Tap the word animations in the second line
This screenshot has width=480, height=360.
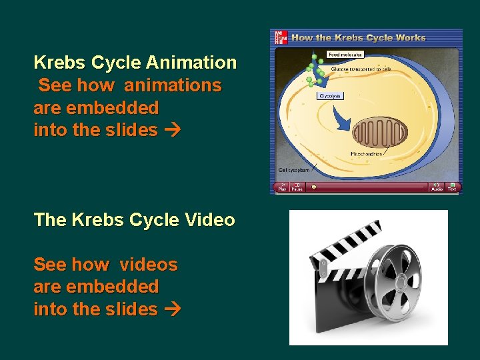coord(173,85)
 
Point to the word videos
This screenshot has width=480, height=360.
coord(149,265)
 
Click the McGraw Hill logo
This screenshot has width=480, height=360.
coord(279,38)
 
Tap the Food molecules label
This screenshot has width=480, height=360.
coord(345,54)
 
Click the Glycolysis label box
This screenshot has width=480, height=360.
coord(330,96)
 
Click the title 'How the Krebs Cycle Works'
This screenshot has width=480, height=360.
coord(358,38)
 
